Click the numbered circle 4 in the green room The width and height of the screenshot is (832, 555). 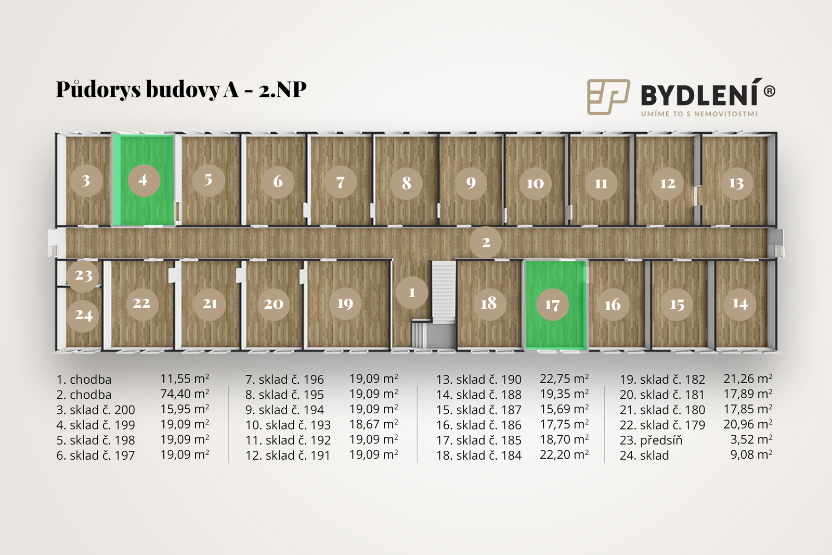tap(144, 181)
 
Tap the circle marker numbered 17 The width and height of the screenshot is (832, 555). tap(553, 305)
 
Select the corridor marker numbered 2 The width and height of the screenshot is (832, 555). tap(486, 242)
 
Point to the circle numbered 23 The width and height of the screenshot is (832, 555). tap(83, 275)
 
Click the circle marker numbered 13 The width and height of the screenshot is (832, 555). tap(736, 183)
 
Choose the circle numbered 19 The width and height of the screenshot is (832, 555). tap(345, 304)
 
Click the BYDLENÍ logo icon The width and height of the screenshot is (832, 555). tap(608, 97)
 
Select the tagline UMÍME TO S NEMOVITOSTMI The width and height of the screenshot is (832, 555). tap(699, 114)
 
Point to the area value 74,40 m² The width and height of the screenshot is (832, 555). tap(185, 394)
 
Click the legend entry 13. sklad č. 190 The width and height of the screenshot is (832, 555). tap(479, 380)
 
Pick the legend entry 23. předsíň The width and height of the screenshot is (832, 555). tap(651, 440)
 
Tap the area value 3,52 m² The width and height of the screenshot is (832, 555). tap(751, 440)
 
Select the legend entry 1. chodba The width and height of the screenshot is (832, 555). tap(84, 380)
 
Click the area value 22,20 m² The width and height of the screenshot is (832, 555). tap(564, 455)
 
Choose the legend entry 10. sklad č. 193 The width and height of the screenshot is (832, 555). tap(288, 425)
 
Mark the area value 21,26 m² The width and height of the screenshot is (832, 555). tap(748, 379)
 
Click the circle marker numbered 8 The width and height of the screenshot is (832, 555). tap(406, 183)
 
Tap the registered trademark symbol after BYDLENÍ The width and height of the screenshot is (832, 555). tap(769, 91)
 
